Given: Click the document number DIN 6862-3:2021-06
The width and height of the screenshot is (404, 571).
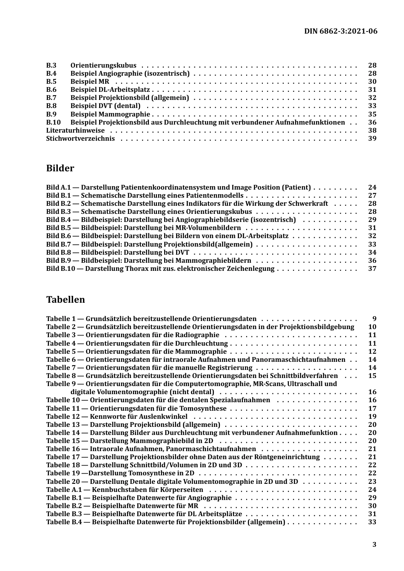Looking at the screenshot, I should tap(341, 31).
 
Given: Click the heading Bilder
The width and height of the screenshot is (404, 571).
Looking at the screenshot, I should tap(60, 168).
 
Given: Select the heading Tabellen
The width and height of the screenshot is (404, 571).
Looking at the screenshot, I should tap(65, 300).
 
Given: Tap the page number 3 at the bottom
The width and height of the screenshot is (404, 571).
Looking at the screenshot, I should tap(374, 545).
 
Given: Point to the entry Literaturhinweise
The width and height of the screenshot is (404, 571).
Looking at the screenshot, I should tap(75, 131).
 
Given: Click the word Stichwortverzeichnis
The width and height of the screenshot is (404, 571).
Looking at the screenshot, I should tap(80, 139).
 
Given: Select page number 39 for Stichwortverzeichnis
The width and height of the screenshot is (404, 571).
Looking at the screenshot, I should tap(372, 139).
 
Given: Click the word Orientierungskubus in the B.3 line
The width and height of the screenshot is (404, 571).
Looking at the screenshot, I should tap(103, 65).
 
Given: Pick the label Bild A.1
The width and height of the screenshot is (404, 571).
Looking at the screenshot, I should tap(58, 187).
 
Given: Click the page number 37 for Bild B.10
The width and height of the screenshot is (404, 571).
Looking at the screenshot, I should tap(372, 269).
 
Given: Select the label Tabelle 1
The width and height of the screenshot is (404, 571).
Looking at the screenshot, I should tap(61, 319).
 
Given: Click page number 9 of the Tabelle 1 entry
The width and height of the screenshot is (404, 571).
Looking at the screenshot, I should tap(374, 319).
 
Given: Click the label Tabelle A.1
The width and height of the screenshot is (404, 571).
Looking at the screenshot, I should tap(64, 490).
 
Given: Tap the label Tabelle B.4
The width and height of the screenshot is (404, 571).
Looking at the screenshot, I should tap(64, 522).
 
